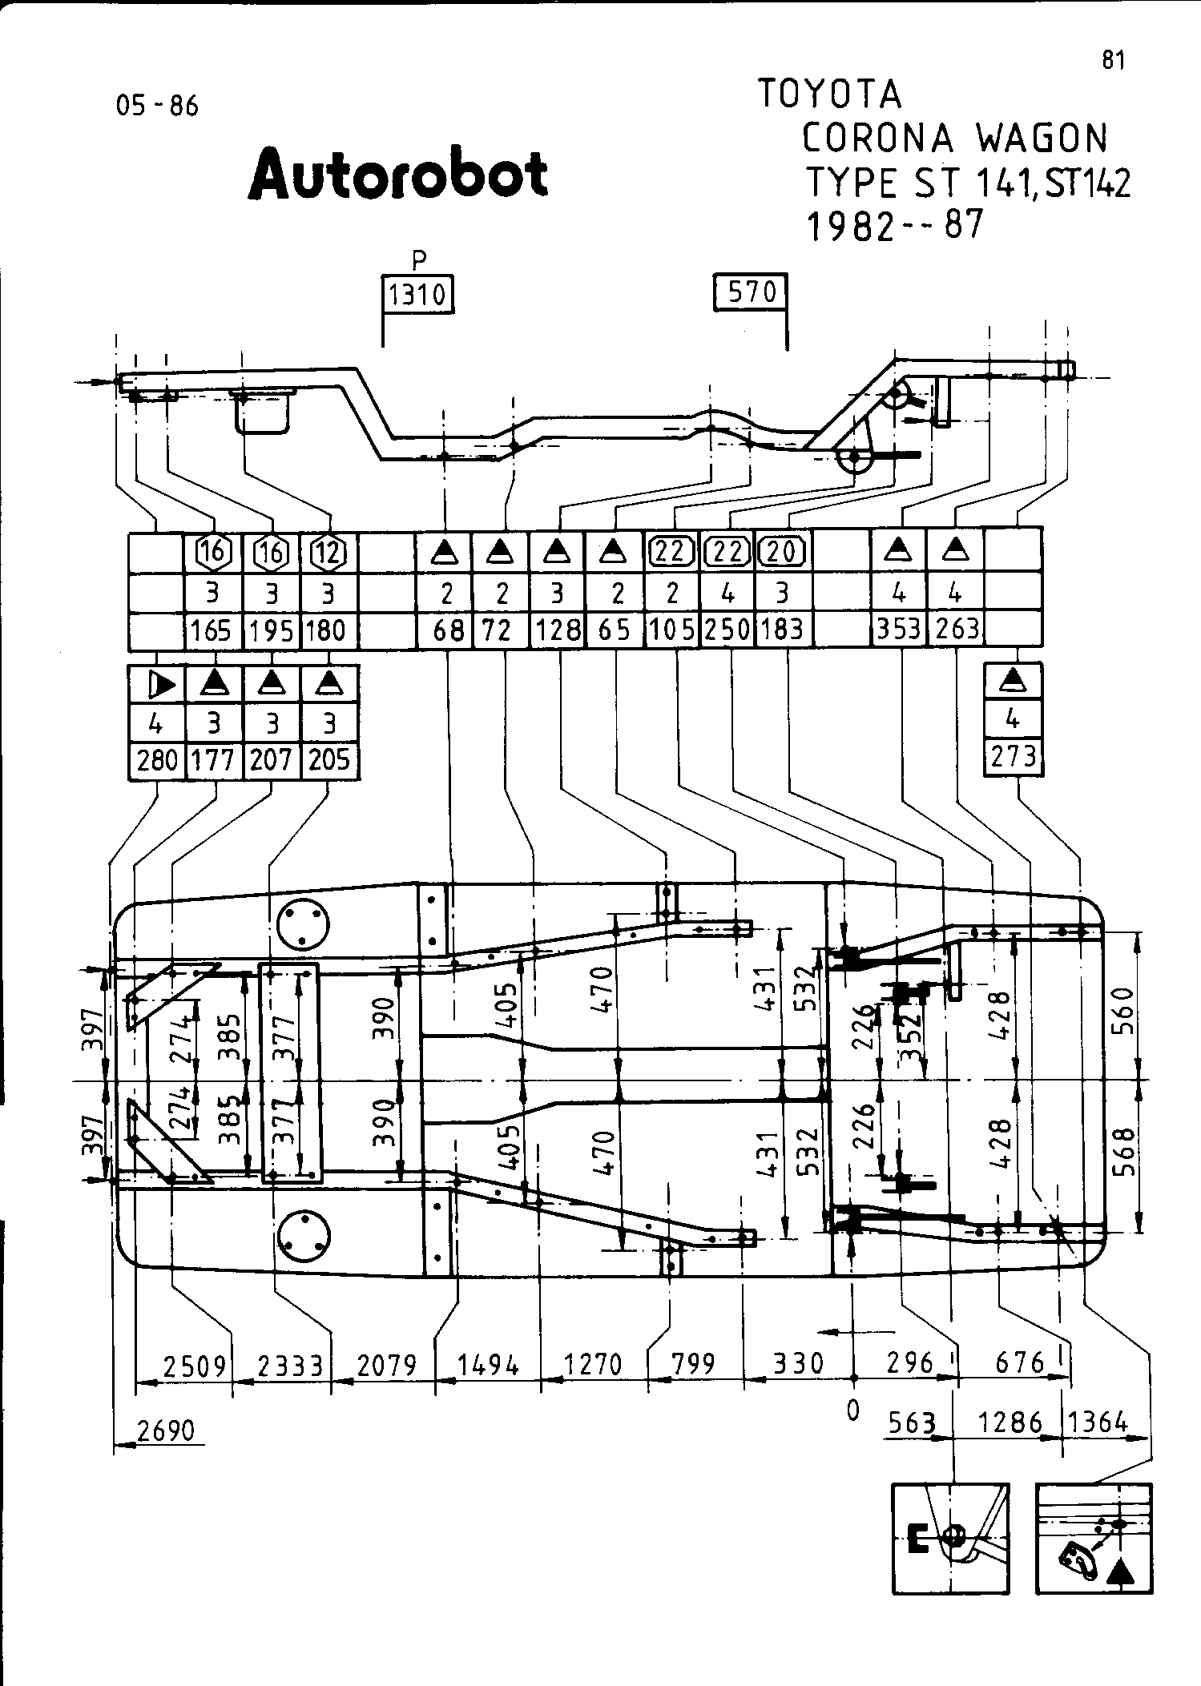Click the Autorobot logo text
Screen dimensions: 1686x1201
pyautogui.click(x=398, y=174)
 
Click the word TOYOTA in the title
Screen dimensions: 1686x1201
pyautogui.click(x=829, y=95)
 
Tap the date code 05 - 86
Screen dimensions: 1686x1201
pyautogui.click(x=157, y=106)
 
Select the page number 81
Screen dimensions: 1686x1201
pyautogui.click(x=1114, y=61)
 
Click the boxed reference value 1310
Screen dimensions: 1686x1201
pyautogui.click(x=417, y=295)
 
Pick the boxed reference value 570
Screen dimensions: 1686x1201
pyautogui.click(x=750, y=292)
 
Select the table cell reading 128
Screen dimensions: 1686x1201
pyautogui.click(x=558, y=630)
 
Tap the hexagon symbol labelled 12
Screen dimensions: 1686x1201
pyautogui.click(x=328, y=552)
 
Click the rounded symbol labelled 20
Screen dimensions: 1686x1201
pyautogui.click(x=783, y=551)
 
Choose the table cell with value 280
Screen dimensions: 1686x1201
pyautogui.click(x=157, y=758)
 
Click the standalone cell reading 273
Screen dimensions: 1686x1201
pyautogui.click(x=1014, y=756)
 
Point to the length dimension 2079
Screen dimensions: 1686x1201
pyautogui.click(x=386, y=1364)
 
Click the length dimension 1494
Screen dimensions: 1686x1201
pyautogui.click(x=488, y=1364)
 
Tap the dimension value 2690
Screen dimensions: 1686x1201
pyautogui.click(x=166, y=1430)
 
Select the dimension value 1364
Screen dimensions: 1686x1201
pyautogui.click(x=1098, y=1422)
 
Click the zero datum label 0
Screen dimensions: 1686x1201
pyautogui.click(x=852, y=1410)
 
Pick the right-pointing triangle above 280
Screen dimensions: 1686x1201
pyautogui.click(x=161, y=685)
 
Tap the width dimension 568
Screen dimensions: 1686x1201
pyautogui.click(x=1124, y=1150)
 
